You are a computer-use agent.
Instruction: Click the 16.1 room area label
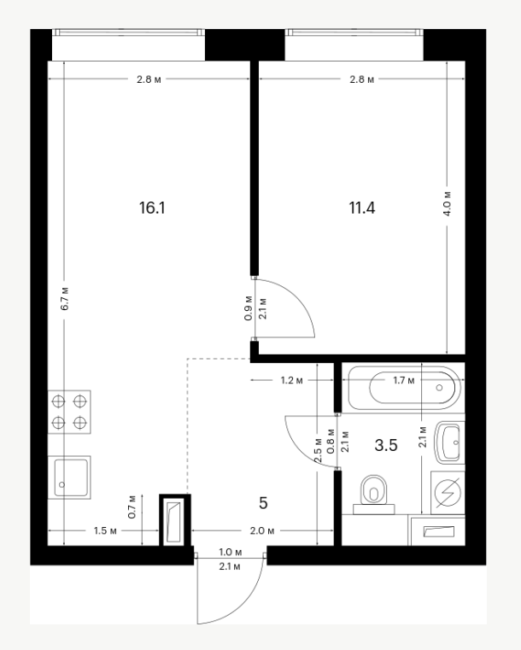point(152,208)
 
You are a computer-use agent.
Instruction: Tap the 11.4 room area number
point(362,208)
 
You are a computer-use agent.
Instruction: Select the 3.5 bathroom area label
point(386,445)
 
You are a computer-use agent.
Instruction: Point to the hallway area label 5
point(263,503)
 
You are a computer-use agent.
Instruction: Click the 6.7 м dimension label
point(65,298)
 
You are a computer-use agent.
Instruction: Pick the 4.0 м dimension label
point(448,203)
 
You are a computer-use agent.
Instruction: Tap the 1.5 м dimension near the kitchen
point(105,530)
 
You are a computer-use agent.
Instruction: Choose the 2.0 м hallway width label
point(262,530)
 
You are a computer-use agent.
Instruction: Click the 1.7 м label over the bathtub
point(404,380)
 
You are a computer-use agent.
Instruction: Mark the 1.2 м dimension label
point(292,380)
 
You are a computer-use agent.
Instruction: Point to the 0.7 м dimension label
point(132,507)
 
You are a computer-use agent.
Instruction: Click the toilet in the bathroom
point(373,495)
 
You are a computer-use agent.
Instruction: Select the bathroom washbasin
point(449,442)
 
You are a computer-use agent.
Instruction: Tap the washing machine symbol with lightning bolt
point(448,493)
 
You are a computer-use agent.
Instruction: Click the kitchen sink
point(69,477)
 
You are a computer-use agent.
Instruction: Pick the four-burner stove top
point(69,412)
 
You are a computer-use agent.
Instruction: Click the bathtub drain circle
point(439,388)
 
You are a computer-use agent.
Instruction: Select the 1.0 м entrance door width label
point(231,553)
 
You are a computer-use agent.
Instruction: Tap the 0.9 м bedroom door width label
point(249,308)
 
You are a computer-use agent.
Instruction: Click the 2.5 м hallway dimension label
point(318,451)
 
